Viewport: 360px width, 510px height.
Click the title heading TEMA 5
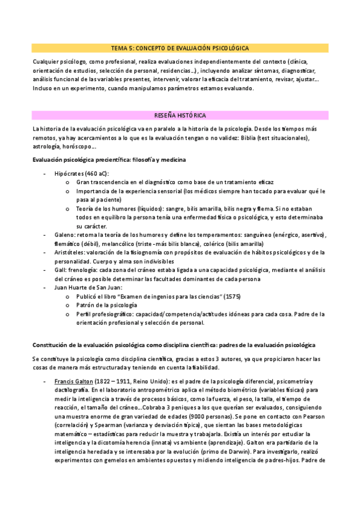(180, 48)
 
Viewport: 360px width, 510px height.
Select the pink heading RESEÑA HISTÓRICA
(180, 114)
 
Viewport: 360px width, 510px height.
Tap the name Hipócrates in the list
(70, 173)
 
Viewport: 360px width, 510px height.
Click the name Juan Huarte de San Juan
(87, 288)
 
